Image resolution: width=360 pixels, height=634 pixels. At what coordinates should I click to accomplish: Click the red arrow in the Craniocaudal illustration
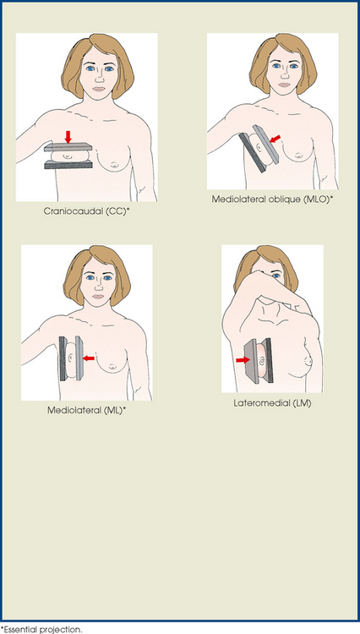tap(68, 137)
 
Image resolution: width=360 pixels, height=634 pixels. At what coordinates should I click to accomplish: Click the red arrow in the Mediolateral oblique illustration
tap(275, 139)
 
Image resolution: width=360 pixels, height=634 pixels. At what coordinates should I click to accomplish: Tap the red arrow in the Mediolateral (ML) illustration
tap(88, 358)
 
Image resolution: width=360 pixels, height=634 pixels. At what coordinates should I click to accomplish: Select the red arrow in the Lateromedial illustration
tap(243, 359)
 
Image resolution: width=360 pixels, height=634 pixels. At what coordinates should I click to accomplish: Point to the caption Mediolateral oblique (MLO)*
tap(273, 199)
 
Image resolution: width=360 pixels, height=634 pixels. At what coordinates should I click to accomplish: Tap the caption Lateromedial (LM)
tap(272, 403)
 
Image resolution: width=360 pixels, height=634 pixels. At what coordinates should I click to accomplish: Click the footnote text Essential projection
tap(41, 630)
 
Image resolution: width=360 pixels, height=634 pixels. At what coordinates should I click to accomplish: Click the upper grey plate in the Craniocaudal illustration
tap(68, 147)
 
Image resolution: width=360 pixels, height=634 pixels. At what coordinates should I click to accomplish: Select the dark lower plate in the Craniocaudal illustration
tap(68, 164)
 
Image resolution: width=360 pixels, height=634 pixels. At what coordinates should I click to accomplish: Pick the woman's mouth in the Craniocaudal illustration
tap(99, 90)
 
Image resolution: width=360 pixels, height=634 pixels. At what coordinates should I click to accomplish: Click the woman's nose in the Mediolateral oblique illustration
tap(285, 75)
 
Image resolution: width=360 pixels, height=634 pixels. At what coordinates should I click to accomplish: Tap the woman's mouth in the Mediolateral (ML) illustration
tap(98, 297)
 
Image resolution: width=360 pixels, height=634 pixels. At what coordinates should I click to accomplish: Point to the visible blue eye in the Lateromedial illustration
tap(276, 276)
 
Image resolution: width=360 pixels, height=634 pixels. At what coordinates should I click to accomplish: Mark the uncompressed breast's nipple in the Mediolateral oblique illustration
tap(299, 155)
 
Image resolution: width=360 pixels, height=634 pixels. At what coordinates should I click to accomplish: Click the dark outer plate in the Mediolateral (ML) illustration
tap(63, 358)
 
